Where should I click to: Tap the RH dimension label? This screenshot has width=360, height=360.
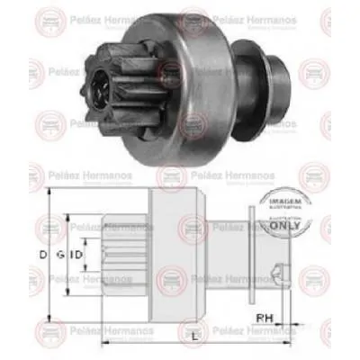265,316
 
